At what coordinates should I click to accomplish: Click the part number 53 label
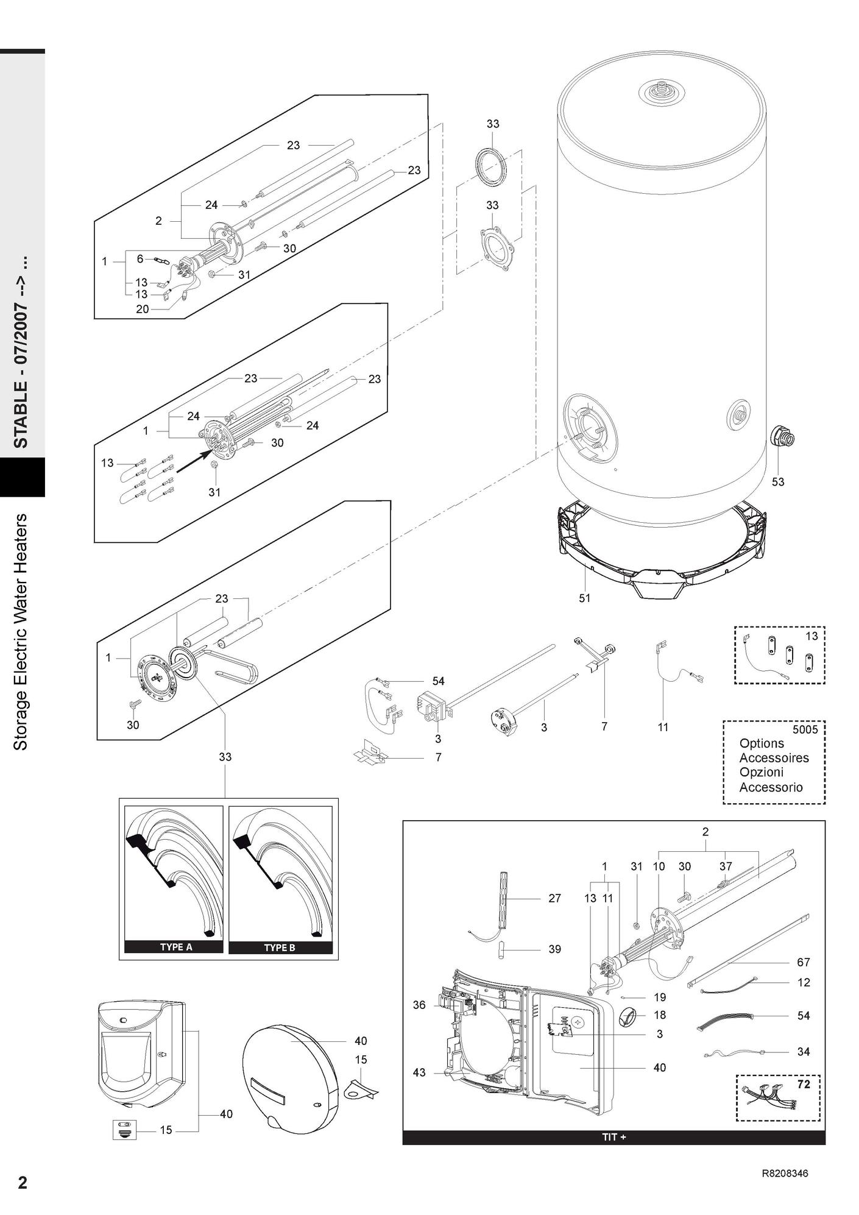778,482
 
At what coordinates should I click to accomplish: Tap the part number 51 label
584,598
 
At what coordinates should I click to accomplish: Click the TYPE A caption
175,948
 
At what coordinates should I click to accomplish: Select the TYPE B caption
280,948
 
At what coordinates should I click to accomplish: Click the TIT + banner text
613,1138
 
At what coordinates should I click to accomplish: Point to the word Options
762,743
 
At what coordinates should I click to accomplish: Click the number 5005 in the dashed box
805,729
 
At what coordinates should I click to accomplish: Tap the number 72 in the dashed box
804,1085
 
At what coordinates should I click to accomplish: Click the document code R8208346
785,1174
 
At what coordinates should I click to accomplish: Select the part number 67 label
804,962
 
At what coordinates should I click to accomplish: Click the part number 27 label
554,898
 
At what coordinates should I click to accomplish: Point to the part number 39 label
554,949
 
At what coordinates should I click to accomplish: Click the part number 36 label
419,1005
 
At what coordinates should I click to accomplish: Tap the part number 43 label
419,1072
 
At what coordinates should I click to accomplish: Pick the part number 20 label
142,309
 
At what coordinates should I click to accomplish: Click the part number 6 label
140,259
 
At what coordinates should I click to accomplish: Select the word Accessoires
774,758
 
